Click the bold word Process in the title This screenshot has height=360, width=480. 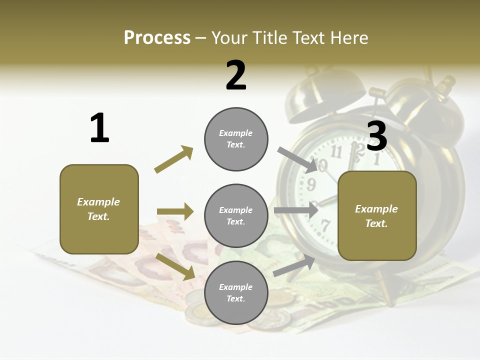[x=157, y=38]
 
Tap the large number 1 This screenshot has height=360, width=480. [x=99, y=128]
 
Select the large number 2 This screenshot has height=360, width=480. [x=236, y=75]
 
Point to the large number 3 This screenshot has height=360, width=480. [x=377, y=136]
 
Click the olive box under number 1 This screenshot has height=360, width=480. [x=99, y=209]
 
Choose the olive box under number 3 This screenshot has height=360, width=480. [x=377, y=215]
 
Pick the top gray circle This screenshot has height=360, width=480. [x=236, y=139]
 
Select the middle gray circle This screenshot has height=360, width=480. [x=236, y=215]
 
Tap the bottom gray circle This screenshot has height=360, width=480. [x=236, y=292]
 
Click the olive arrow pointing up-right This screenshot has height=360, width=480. [x=173, y=159]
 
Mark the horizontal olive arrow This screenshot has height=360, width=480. [x=175, y=211]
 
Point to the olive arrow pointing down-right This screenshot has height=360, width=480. [x=175, y=266]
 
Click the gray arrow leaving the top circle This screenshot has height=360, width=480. [x=297, y=159]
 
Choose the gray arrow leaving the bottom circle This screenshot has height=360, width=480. [x=294, y=266]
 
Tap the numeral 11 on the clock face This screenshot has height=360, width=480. [x=336, y=151]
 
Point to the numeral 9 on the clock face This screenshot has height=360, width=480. [x=311, y=184]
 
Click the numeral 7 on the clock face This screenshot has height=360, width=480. [x=325, y=225]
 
